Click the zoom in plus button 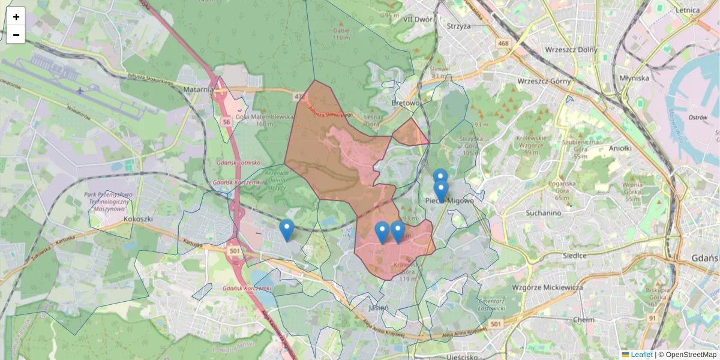(16, 17)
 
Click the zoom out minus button (16, 35)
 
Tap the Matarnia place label (200, 89)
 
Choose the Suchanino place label (543, 213)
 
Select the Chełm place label (583, 320)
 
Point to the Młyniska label (635, 78)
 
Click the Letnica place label (687, 10)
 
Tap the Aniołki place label (620, 148)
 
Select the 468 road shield (503, 43)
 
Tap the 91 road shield (652, 317)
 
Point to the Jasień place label (379, 307)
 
